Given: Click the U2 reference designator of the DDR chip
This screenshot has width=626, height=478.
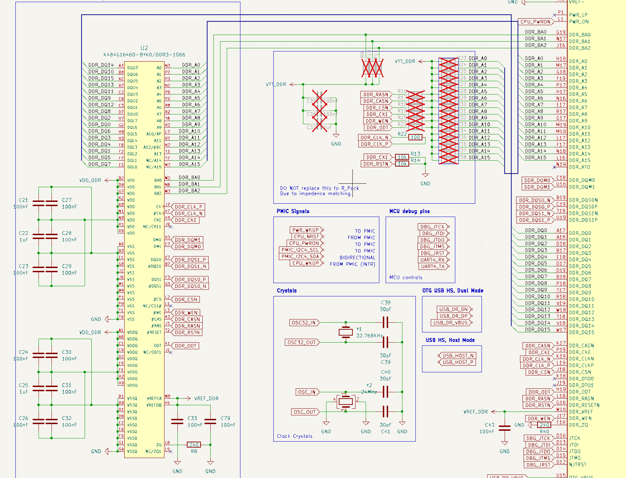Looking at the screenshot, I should [x=144, y=48].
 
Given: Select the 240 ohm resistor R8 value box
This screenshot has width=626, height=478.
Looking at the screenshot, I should [x=194, y=445].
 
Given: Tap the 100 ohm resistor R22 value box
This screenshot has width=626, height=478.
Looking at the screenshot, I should [x=415, y=137].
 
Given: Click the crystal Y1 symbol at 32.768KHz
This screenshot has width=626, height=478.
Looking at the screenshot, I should [x=345, y=332].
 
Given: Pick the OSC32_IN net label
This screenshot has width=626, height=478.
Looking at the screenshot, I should [x=304, y=323].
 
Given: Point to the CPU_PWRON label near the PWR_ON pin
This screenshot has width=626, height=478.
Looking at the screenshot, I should [x=535, y=22].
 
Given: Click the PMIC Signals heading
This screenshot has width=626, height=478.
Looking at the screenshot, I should [x=293, y=211].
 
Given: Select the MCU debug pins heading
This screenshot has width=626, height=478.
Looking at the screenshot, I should [x=409, y=211].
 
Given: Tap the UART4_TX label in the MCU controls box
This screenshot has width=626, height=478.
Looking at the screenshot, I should [x=433, y=266].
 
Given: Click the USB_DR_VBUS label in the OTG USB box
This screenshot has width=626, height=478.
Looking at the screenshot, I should [x=450, y=323].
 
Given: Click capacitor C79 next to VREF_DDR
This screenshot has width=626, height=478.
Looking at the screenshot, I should [x=210, y=421].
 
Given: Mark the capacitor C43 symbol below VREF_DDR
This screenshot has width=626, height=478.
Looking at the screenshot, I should [x=505, y=428].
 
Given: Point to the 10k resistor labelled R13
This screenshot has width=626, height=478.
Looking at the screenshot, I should [x=402, y=157].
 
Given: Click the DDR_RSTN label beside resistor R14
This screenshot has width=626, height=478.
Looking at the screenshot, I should [x=375, y=164].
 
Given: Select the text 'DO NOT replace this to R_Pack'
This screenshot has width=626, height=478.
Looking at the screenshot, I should [x=319, y=188].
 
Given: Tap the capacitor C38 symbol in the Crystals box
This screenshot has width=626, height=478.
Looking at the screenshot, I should [x=385, y=322].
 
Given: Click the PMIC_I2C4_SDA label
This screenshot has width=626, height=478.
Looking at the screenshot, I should [x=300, y=256].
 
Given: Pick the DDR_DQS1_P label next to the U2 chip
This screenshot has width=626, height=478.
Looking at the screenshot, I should [x=190, y=260].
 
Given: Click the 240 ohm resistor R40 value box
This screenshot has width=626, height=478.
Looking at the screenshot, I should [x=544, y=425].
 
